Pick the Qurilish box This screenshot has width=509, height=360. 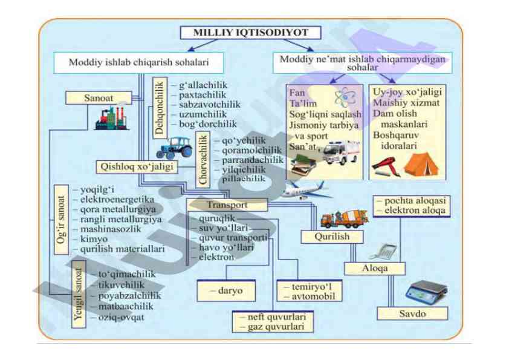(x=332, y=237)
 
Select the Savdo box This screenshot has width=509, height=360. (x=412, y=314)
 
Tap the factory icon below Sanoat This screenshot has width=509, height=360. (x=112, y=118)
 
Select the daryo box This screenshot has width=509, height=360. (x=226, y=291)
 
